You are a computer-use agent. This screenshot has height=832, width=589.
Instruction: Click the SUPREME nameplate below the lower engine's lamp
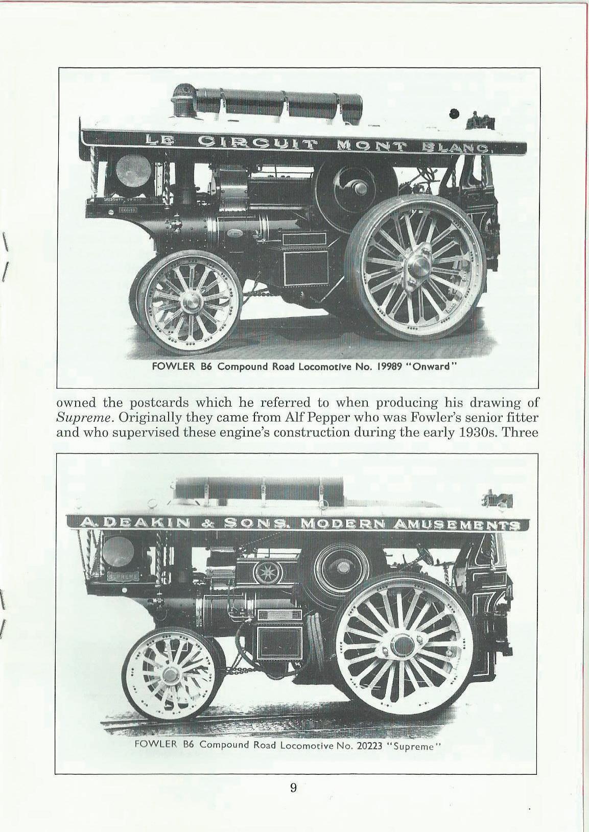(122, 576)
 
